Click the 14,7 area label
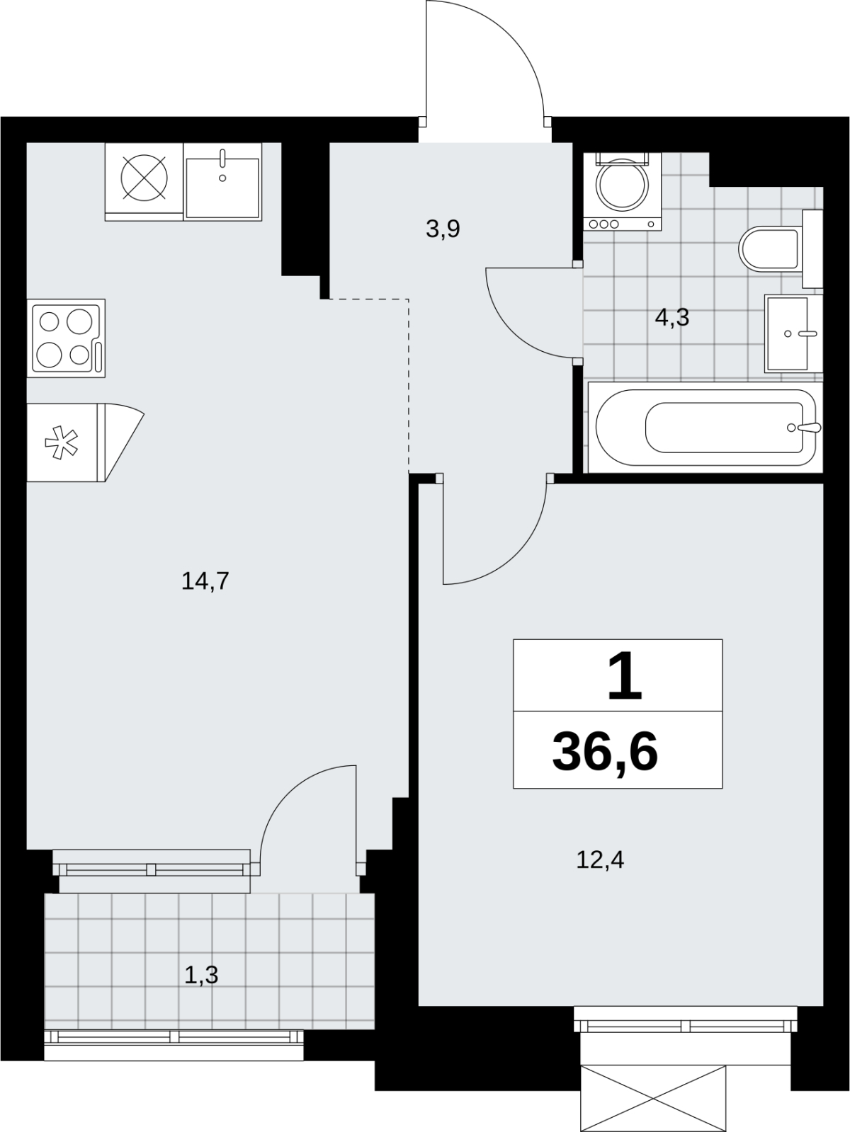(205, 581)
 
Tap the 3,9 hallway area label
(443, 229)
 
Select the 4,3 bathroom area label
(671, 317)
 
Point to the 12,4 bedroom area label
(600, 859)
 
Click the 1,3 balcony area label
(201, 975)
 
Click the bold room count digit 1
(624, 675)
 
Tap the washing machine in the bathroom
(622, 191)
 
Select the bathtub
(705, 427)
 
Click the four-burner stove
(66, 338)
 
